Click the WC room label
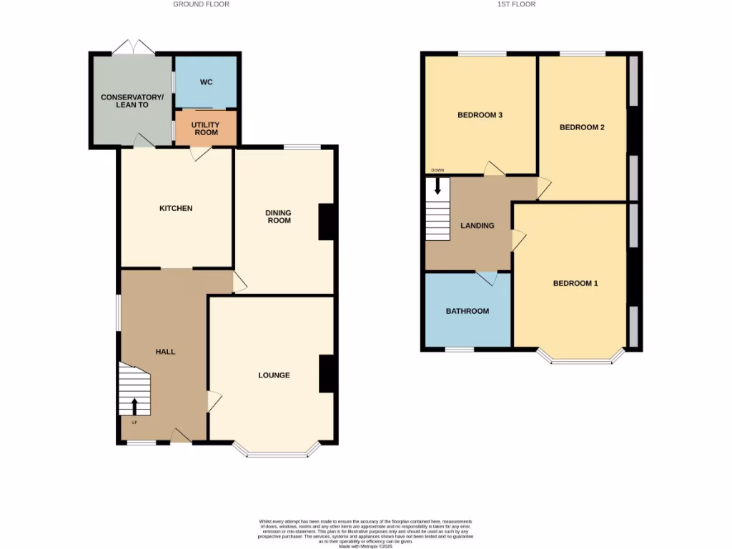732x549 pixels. point(206,82)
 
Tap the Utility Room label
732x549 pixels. point(205,129)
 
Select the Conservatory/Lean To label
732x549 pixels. point(132,101)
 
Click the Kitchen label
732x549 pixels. point(176,208)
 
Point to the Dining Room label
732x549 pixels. point(278,217)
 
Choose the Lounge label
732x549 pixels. point(274,375)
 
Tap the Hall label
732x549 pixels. point(165,352)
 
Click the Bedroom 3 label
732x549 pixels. point(480,114)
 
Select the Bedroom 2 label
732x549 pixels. point(582,127)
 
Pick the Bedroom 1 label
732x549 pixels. point(575,283)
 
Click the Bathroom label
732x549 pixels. point(468,311)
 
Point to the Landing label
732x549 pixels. point(477,226)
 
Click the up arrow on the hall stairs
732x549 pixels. point(134,406)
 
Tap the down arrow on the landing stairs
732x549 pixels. point(437,187)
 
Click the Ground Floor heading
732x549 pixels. point(201,4)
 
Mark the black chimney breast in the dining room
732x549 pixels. point(327,222)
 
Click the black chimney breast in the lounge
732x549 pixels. point(327,373)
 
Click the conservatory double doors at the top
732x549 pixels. point(134,49)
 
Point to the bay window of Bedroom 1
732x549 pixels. point(581,360)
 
